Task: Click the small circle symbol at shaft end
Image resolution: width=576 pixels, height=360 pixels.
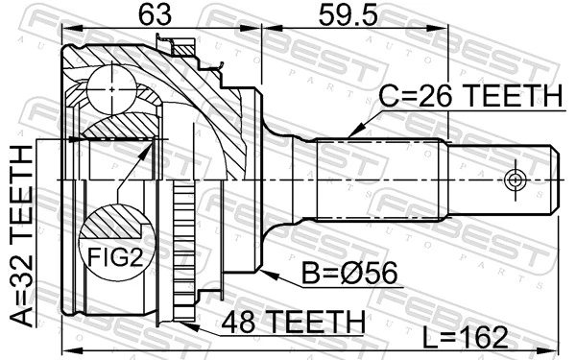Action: coord(514,180)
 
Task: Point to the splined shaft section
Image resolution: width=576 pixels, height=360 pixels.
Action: coord(379,180)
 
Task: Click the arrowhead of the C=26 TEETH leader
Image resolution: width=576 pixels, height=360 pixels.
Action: coord(350,133)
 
